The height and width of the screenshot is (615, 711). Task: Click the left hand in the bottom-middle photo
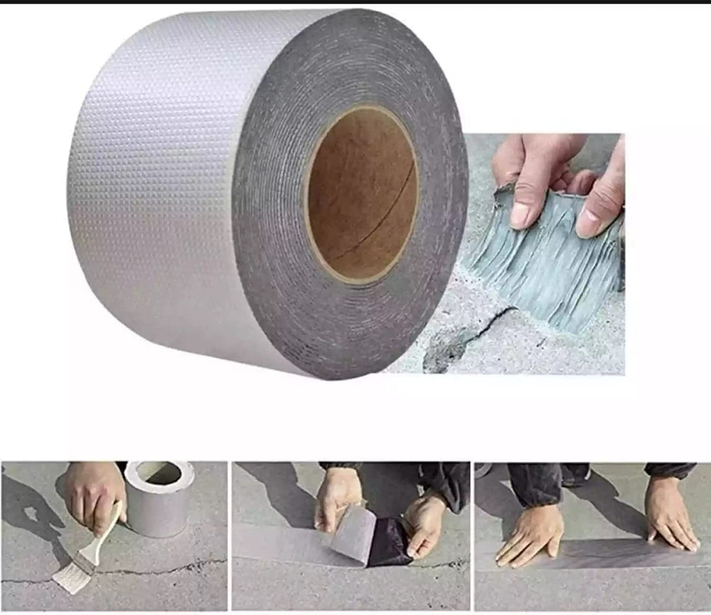click(338, 498)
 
